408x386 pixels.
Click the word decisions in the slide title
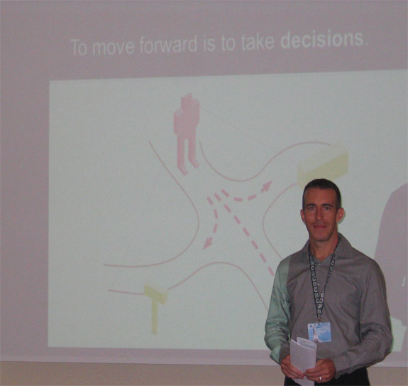321,40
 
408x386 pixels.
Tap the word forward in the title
168,45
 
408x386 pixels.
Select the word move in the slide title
114,47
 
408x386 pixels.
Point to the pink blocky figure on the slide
187,134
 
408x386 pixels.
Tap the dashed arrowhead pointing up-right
266,187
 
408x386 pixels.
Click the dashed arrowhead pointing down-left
208,243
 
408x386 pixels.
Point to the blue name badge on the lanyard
319,332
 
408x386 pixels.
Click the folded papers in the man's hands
303,353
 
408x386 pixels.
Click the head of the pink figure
189,101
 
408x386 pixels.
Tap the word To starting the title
79,48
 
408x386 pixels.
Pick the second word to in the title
228,43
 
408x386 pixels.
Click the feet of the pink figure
188,167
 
